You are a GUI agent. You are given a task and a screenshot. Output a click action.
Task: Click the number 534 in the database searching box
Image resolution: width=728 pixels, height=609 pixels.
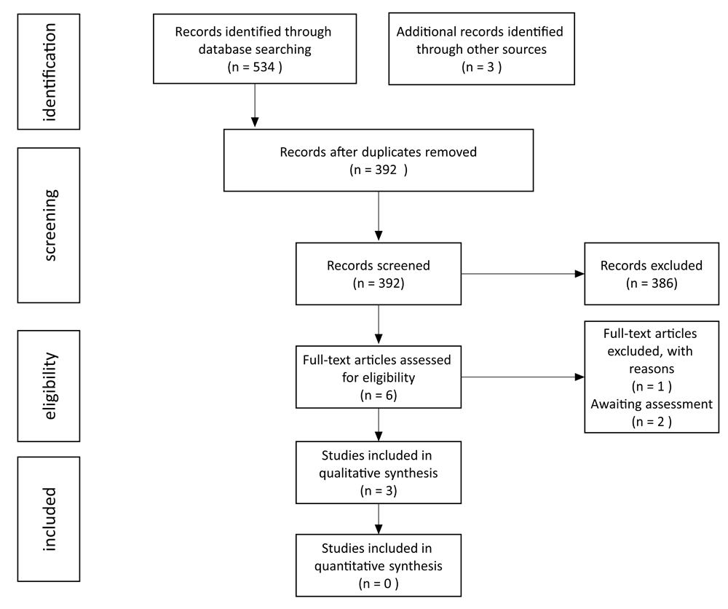pos(264,67)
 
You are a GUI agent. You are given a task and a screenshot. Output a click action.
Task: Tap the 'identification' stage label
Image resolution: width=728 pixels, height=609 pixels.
pos(49,71)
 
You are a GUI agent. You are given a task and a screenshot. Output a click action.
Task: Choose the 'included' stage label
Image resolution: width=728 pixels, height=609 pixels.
pos(49,519)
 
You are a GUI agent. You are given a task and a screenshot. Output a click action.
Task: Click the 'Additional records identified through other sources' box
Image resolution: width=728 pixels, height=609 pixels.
pos(481,49)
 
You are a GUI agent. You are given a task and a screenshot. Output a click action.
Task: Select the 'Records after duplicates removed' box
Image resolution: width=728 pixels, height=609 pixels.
pos(379,160)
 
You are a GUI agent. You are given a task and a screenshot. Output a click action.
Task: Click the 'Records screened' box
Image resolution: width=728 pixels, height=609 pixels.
pos(379,274)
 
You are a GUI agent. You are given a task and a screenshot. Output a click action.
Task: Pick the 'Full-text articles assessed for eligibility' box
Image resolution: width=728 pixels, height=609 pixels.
pos(379,377)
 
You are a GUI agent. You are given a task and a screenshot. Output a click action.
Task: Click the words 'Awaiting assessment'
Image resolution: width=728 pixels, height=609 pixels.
pos(652,404)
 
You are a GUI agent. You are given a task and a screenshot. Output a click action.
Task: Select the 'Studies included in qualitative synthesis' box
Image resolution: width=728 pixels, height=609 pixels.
pos(379,473)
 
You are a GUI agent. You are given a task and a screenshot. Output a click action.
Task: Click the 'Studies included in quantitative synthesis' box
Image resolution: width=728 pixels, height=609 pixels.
pos(379,565)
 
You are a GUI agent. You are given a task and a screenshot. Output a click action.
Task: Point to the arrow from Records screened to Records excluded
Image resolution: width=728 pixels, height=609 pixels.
pos(523,274)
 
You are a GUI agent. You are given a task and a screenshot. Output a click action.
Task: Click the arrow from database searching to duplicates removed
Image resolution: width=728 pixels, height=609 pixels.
pos(254,106)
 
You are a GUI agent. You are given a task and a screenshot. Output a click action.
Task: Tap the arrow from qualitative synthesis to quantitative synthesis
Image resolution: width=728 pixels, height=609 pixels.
pos(379,519)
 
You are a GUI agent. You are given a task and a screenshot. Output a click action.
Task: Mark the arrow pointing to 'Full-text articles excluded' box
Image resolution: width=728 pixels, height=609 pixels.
pos(523,377)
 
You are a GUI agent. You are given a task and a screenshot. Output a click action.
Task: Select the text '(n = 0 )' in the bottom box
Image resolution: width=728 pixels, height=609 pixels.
pos(379,584)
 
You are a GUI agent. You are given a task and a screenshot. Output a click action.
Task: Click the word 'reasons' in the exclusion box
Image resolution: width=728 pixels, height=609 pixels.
pos(652,369)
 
